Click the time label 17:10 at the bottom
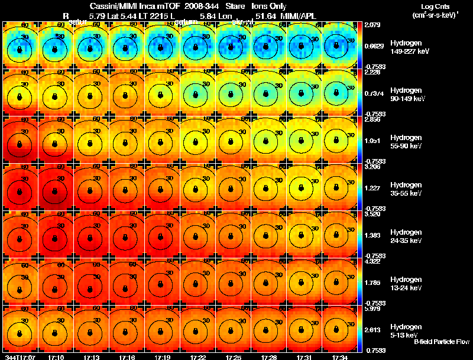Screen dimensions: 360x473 click(56, 357)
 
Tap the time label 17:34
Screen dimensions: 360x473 click(339, 357)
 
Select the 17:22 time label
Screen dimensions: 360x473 click(198, 357)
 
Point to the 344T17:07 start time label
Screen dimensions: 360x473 click(18, 357)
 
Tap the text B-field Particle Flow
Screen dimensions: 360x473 click(442, 342)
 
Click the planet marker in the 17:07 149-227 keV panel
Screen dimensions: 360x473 click(20, 50)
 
